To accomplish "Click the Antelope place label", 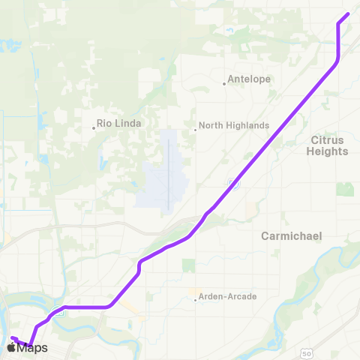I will point(249,79).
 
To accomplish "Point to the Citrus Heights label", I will point(328,145).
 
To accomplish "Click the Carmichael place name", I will point(291,235).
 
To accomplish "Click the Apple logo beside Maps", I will point(13,347).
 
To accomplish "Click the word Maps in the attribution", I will point(33,347).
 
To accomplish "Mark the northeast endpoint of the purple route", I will point(348,14).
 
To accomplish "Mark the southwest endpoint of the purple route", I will point(13,338).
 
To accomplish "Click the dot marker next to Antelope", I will point(224,83).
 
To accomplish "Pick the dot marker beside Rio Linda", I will point(94,127).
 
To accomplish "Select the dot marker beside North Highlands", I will point(195,128).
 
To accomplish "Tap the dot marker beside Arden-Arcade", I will point(195,301).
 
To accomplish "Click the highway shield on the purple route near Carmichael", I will point(231,183).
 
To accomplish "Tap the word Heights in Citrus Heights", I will point(328,151).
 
